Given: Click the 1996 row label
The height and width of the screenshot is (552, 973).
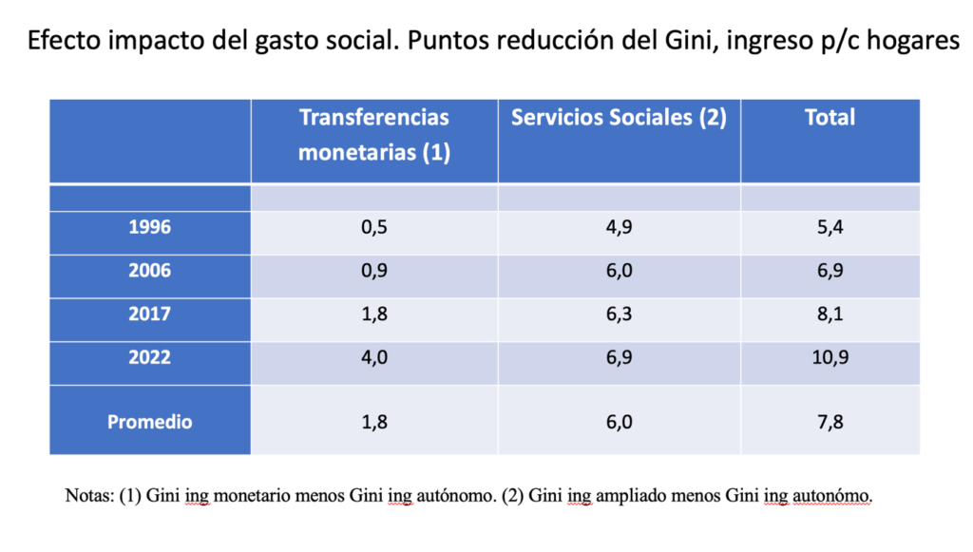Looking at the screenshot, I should (x=150, y=228).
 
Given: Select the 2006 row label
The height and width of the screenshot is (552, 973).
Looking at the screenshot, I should (x=150, y=271).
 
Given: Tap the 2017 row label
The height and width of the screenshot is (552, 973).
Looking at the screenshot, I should (x=150, y=314).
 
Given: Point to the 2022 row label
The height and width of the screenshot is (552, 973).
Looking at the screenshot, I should (x=150, y=357).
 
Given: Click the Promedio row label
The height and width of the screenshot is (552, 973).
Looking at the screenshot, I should (x=150, y=422).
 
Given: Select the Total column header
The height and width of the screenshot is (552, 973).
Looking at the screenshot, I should (x=830, y=118).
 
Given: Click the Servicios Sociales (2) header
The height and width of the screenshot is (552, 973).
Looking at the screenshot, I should (x=619, y=118).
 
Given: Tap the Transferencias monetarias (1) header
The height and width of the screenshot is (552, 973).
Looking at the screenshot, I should (x=374, y=134).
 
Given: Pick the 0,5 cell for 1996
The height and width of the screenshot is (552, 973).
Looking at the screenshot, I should (x=374, y=228).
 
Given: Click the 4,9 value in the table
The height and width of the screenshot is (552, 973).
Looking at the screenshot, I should (x=619, y=228).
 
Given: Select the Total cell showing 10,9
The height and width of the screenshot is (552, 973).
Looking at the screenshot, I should (x=830, y=357).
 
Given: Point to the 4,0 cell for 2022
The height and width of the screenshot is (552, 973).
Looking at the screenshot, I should (x=374, y=357).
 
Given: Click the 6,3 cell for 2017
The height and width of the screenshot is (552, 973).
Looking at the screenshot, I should (x=619, y=314).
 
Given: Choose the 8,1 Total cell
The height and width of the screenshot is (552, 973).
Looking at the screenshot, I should (x=830, y=314).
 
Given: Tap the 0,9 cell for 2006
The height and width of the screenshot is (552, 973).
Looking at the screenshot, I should (x=374, y=271).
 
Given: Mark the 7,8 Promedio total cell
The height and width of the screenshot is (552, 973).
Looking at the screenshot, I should (x=830, y=422).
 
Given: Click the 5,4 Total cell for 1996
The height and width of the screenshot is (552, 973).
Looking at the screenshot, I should (x=830, y=228).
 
